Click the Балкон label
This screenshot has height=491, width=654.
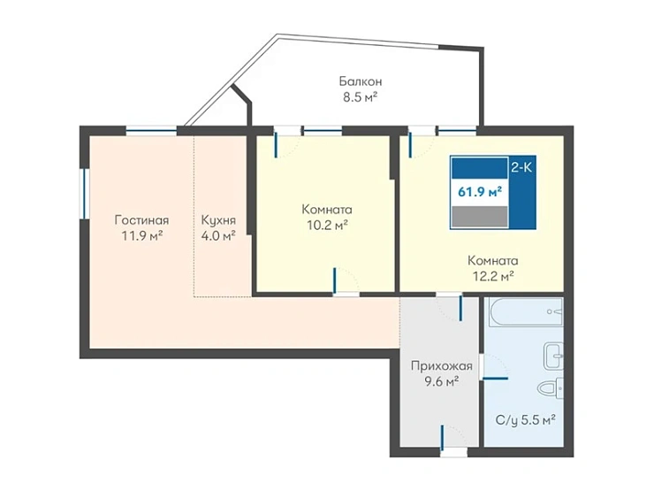click(361, 81)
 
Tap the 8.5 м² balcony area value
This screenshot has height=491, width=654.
click(361, 97)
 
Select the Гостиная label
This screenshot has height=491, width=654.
click(141, 220)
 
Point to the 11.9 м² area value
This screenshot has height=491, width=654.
click(141, 236)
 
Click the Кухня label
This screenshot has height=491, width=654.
click(218, 220)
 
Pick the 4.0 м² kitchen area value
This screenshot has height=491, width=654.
click(218, 236)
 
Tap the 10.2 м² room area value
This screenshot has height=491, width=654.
click(327, 226)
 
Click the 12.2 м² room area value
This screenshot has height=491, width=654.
click(493, 276)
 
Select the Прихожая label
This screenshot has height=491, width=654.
click(442, 366)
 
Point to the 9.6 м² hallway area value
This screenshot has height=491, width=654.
click(442, 381)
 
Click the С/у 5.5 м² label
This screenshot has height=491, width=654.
click(526, 419)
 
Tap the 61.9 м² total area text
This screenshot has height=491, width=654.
click(480, 192)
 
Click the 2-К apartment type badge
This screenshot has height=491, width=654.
click(521, 168)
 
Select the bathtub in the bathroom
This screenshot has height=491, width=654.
click(526, 311)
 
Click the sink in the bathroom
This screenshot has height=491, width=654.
click(554, 357)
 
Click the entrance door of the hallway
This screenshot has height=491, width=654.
click(442, 439)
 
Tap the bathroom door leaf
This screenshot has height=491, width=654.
click(496, 379)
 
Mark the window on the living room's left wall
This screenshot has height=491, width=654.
click(84, 194)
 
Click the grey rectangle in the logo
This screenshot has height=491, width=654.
click(480, 217)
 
